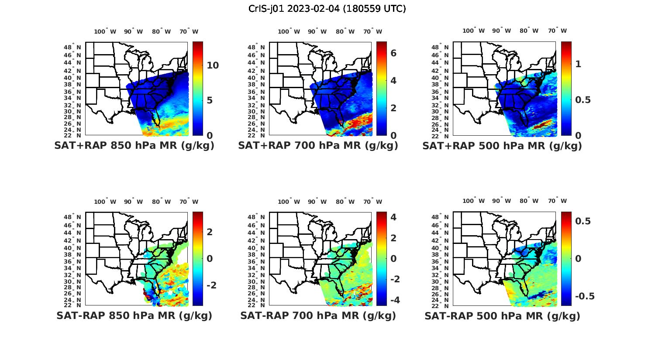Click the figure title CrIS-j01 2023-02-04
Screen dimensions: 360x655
tap(327, 9)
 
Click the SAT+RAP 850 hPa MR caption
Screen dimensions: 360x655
tap(134, 146)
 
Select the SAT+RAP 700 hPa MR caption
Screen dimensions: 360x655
tap(318, 146)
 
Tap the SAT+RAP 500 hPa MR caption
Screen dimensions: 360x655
tap(502, 146)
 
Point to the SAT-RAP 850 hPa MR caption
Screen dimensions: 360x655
tap(134, 315)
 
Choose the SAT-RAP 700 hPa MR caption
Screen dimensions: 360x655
tap(318, 315)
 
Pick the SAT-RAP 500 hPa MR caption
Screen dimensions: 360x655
tap(502, 315)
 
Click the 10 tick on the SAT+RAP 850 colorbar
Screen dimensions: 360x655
tap(213, 65)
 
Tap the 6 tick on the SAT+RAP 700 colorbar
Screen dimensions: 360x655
tap(393, 53)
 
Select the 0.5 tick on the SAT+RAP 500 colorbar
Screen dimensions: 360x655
tap(583, 100)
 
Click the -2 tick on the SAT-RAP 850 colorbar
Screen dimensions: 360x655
tap(211, 285)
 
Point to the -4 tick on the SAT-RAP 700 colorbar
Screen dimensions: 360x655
tap(394, 300)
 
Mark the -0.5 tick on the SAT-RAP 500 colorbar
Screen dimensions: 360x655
tap(584, 296)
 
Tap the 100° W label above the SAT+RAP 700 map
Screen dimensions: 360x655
tap(289, 31)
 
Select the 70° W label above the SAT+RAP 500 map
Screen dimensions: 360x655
tap(557, 31)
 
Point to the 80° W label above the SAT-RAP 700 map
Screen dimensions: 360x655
tap(345, 202)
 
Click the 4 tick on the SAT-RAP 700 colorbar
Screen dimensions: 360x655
tap(393, 217)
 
